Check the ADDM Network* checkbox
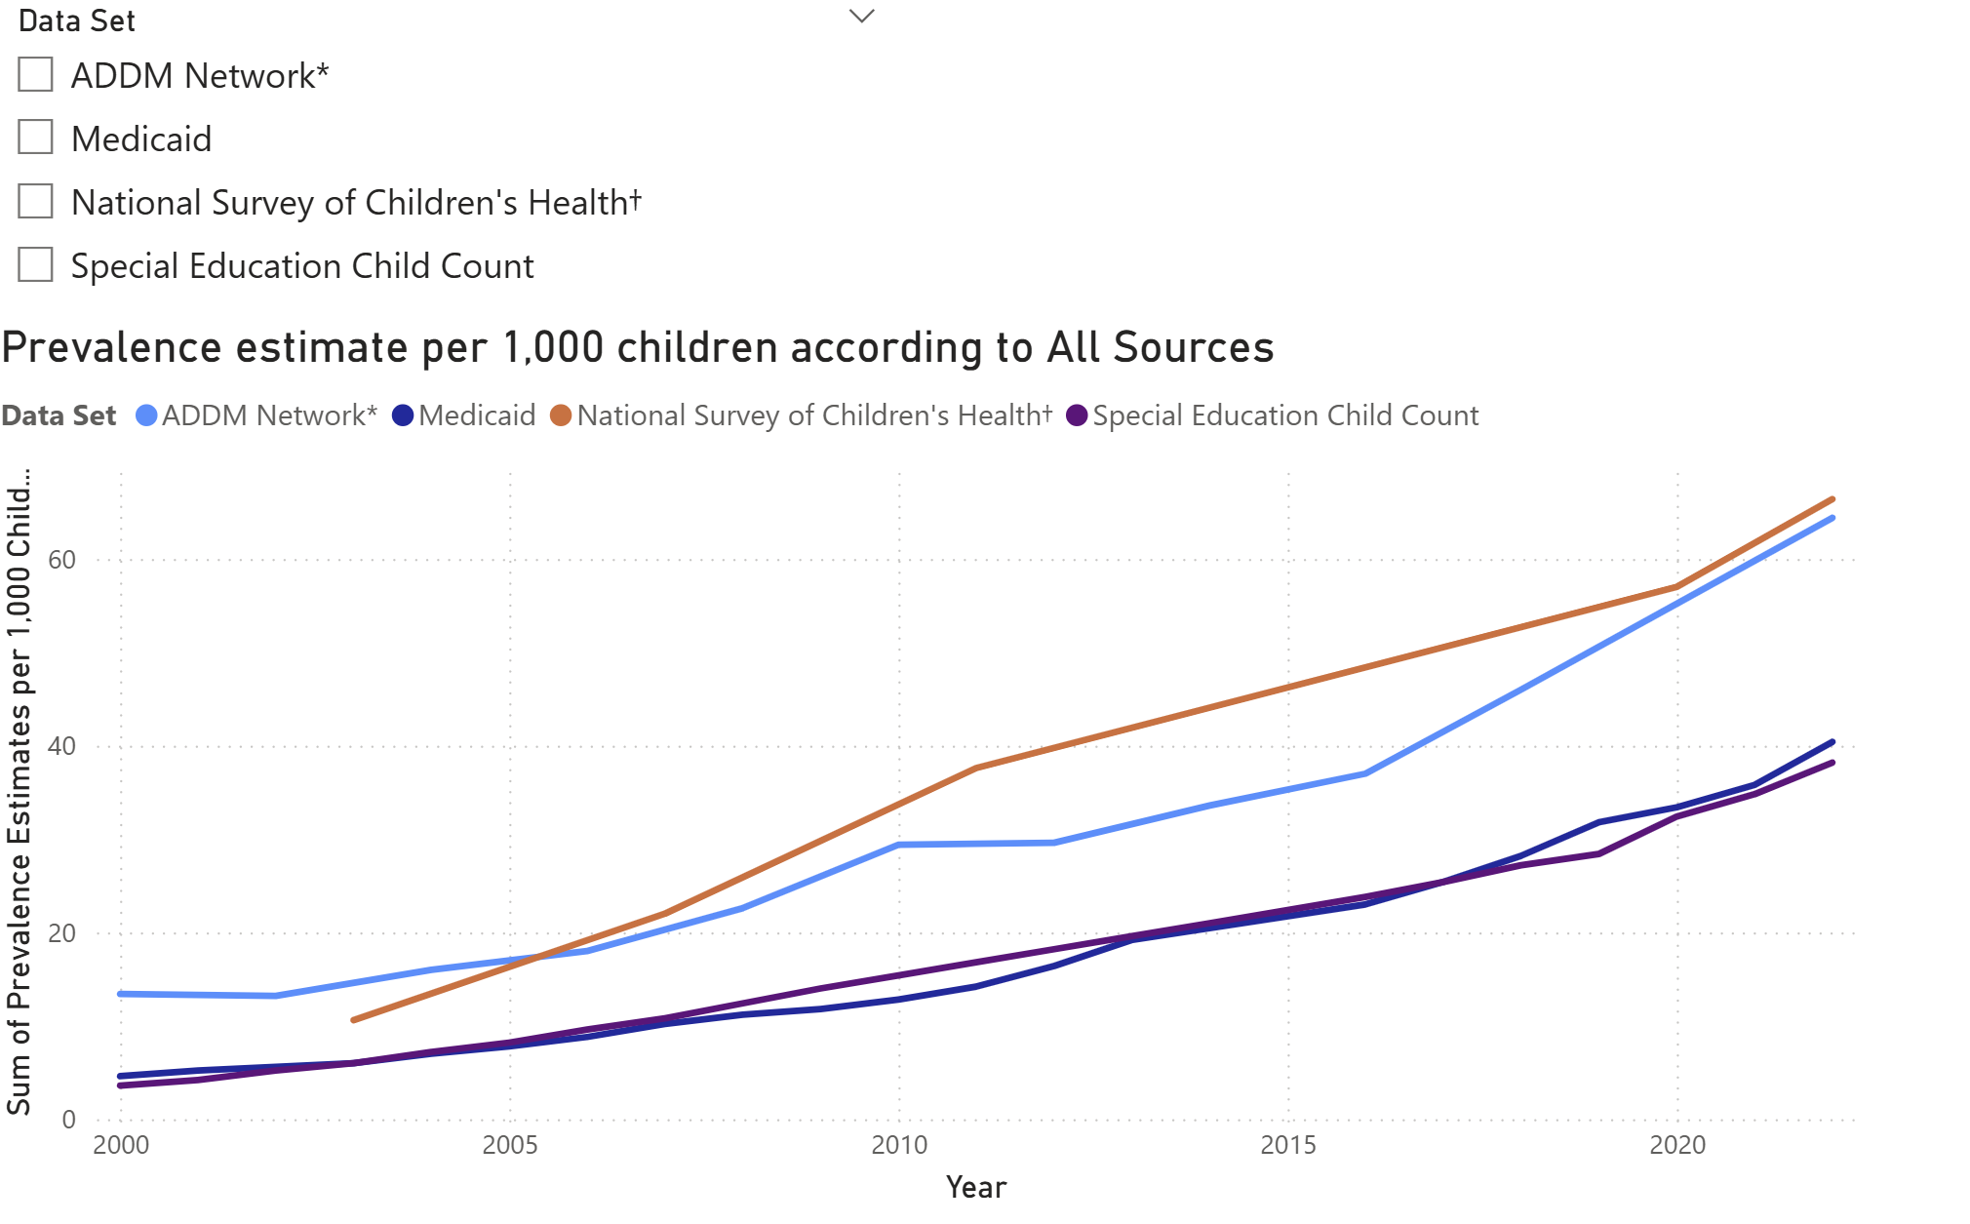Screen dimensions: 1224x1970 (35, 74)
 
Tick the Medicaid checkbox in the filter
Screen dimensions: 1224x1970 (35, 138)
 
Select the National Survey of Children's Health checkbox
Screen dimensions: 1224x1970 (35, 201)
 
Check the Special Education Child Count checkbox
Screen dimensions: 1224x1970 (35, 264)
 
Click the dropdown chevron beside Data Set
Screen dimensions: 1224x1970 (861, 17)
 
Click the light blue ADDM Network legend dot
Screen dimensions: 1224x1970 (146, 415)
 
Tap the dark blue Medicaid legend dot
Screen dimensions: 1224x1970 (403, 415)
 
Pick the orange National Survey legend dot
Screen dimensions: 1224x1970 (561, 415)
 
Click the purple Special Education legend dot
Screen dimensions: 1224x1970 (1077, 415)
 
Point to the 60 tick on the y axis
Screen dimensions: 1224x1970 (61, 560)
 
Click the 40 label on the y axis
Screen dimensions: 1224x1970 (61, 746)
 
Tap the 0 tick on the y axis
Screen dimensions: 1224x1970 (68, 1120)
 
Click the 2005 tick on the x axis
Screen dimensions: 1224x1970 (509, 1145)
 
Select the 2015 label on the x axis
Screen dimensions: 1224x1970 (1287, 1145)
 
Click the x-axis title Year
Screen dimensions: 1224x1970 (975, 1187)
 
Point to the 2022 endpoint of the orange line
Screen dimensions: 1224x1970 (1832, 499)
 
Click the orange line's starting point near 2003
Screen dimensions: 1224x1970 (354, 1020)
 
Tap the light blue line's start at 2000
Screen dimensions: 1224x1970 (121, 994)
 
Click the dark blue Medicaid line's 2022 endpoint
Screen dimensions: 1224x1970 (1832, 742)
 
